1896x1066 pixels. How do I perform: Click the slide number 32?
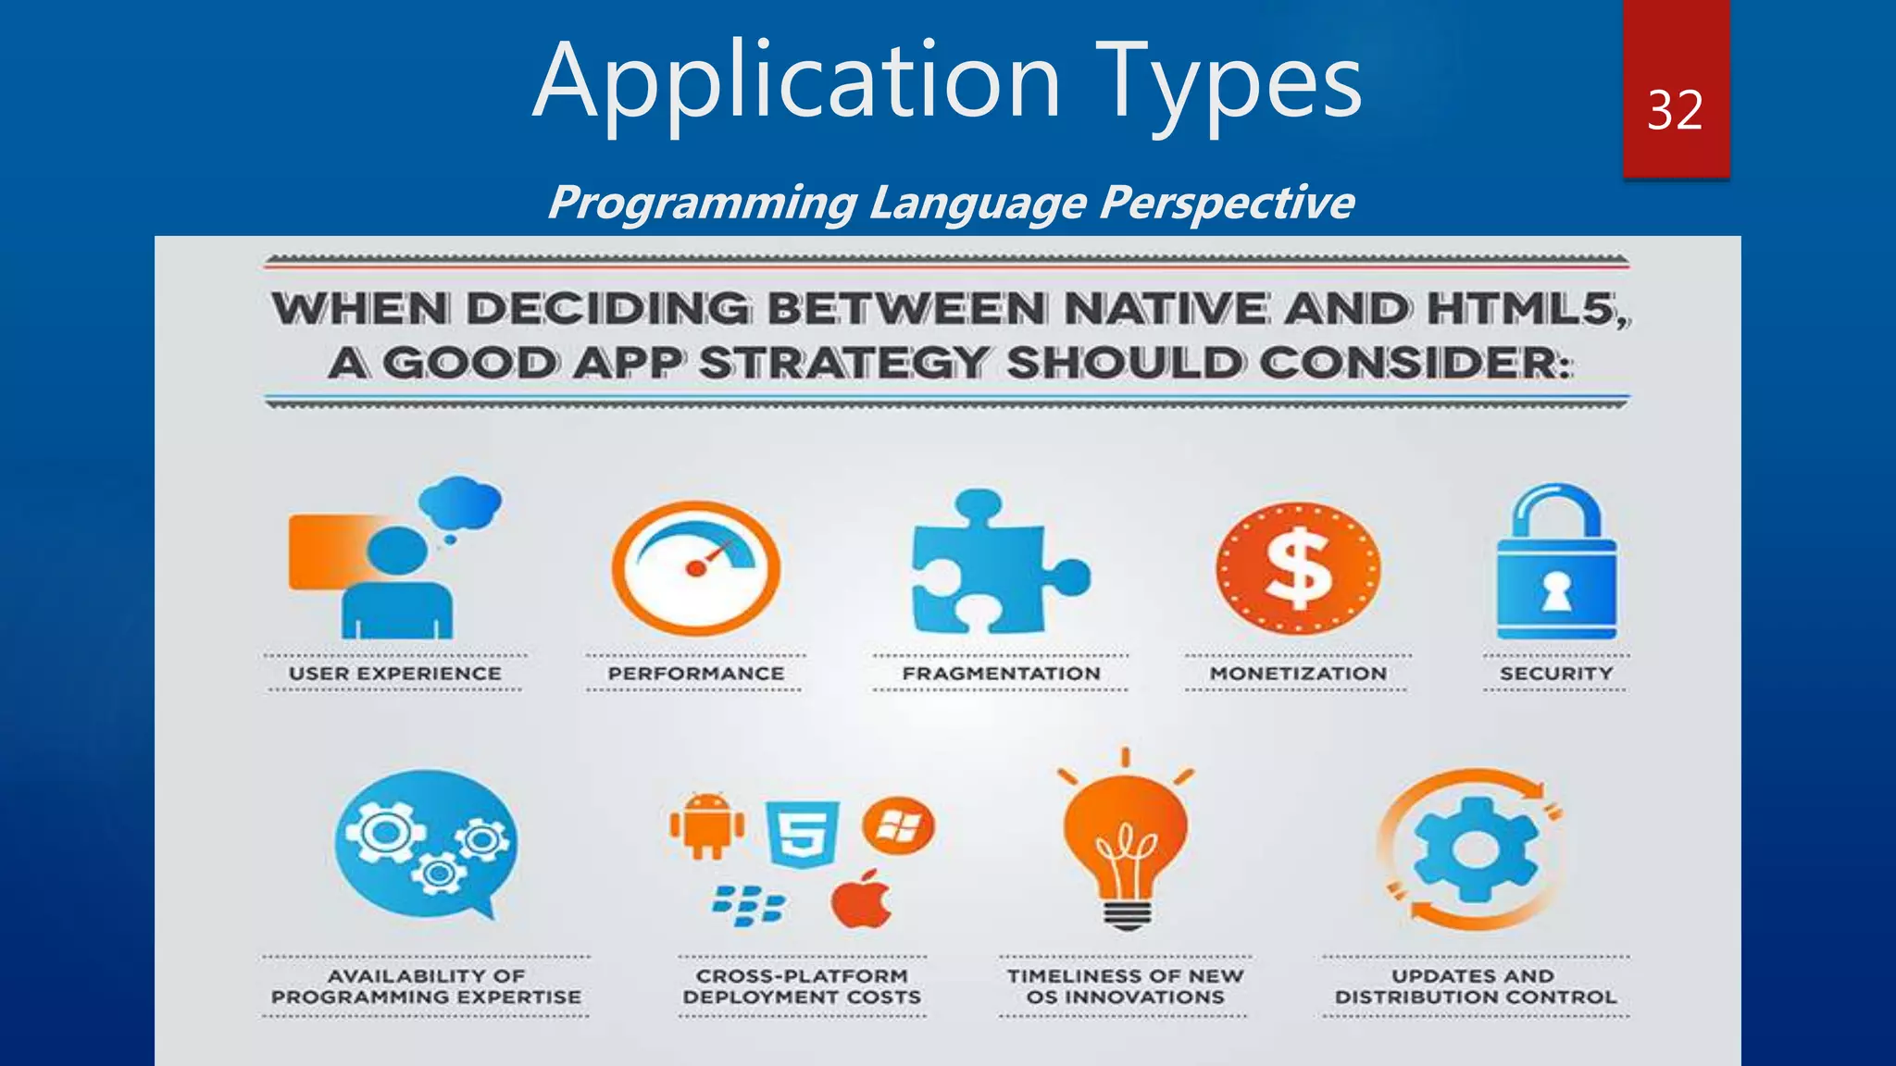tap(1675, 111)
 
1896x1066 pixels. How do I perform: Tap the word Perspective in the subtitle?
tap(1227, 202)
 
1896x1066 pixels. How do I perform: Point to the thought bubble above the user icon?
tap(460, 503)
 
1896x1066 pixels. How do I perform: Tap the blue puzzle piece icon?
tap(995, 564)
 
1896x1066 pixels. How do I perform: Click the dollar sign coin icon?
tap(1298, 567)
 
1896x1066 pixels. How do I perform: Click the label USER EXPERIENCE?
tap(395, 674)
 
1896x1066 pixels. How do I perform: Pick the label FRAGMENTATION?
tap(1001, 674)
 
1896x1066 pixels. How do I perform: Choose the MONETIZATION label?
tap(1298, 674)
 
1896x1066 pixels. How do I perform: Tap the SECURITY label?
tap(1556, 674)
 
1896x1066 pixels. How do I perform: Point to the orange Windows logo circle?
tap(898, 825)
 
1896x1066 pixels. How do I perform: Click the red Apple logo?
tap(862, 899)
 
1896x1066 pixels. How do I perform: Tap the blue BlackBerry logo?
tap(748, 905)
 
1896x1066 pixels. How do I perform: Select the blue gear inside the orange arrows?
tap(1475, 849)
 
